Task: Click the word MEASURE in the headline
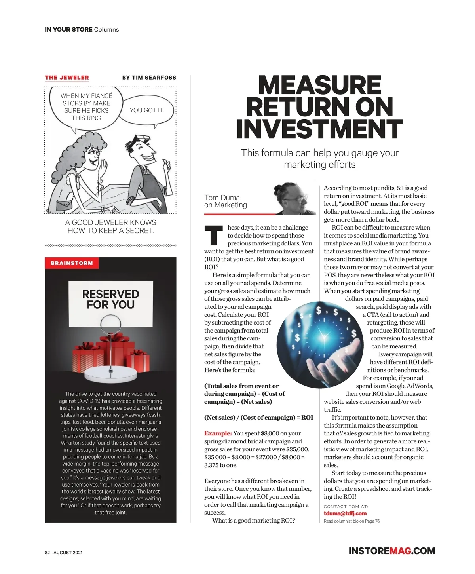pos(319,85)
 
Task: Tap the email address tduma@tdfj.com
pos(345,513)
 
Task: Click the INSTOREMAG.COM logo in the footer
pos(391,551)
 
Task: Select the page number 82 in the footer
pos(47,553)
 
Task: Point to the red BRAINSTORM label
pos(72,263)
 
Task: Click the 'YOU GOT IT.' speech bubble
pos(146,110)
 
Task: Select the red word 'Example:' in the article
pos(218,433)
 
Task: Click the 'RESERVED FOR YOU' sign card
pos(110,300)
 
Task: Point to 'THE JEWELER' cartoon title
pos(67,78)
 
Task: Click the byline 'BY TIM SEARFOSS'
pos(149,78)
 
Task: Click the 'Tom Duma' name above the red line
pos(222,198)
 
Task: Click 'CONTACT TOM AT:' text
pos(346,506)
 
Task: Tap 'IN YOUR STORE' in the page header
pos(68,30)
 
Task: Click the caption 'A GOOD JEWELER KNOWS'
pos(111,222)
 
